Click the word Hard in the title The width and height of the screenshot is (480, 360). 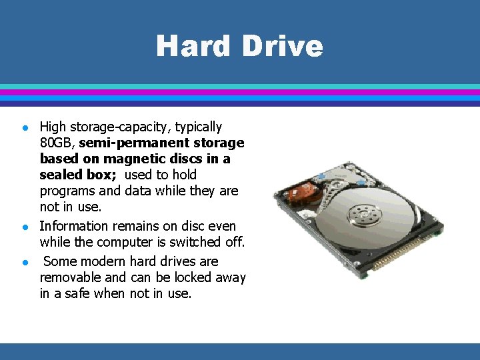(193, 46)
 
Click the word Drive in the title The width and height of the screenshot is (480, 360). (283, 46)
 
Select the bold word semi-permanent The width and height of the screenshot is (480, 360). (133, 143)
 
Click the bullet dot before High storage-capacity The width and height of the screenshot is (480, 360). (25, 127)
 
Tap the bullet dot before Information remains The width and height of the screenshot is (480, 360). (25, 227)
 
